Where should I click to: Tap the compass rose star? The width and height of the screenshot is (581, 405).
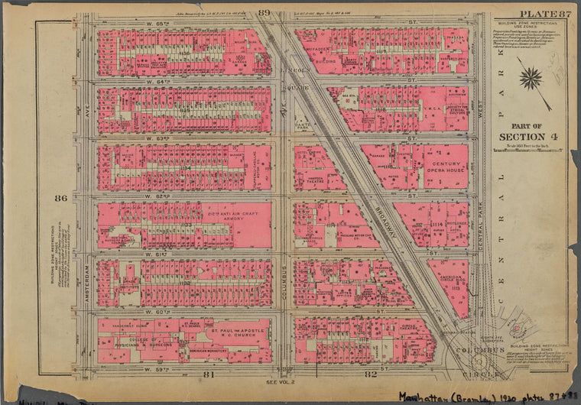click(x=531, y=78)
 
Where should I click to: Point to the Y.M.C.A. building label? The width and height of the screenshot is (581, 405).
click(x=435, y=106)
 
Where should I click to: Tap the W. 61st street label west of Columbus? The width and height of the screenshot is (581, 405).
click(x=183, y=253)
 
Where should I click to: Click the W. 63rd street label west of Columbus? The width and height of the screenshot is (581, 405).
click(x=183, y=138)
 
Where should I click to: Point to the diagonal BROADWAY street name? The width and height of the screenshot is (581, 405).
click(x=378, y=222)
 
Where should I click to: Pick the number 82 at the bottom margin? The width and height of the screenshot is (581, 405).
click(x=372, y=374)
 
